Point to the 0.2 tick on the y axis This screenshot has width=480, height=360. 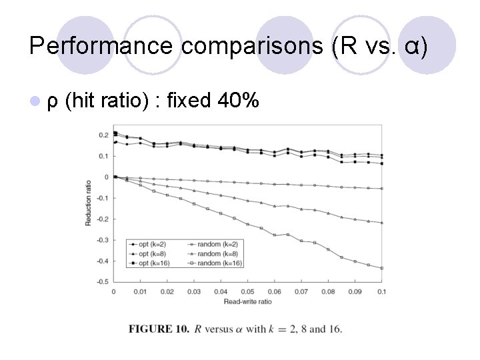tap(103, 135)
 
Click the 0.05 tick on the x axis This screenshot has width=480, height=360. tap(247, 292)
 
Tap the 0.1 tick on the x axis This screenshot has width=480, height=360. tap(382, 292)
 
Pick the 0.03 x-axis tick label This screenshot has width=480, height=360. tap(194, 292)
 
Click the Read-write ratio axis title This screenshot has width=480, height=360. tap(247, 302)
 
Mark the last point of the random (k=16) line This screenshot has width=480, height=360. tap(382, 268)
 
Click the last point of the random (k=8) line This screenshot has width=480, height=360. tap(382, 223)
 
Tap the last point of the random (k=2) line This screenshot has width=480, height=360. tap(382, 189)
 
